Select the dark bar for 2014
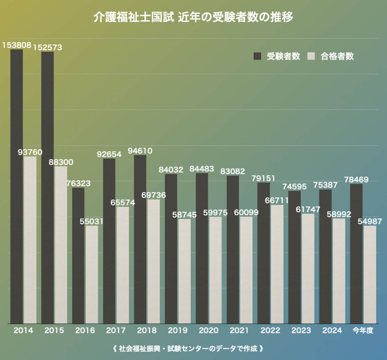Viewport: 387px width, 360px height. click(x=17, y=185)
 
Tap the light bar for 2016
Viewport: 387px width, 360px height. click(x=92, y=274)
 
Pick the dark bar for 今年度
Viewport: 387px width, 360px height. click(x=356, y=253)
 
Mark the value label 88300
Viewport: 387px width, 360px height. click(x=61, y=162)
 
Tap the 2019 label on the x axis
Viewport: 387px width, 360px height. click(x=178, y=331)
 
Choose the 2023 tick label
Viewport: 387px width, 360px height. click(x=301, y=331)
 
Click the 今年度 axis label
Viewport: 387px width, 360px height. click(x=363, y=331)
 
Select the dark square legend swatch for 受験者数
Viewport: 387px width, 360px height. click(x=257, y=56)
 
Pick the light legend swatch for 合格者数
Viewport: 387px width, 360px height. click(x=311, y=56)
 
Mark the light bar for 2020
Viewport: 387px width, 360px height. click(x=215, y=270)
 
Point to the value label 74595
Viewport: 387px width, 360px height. click(x=295, y=186)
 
